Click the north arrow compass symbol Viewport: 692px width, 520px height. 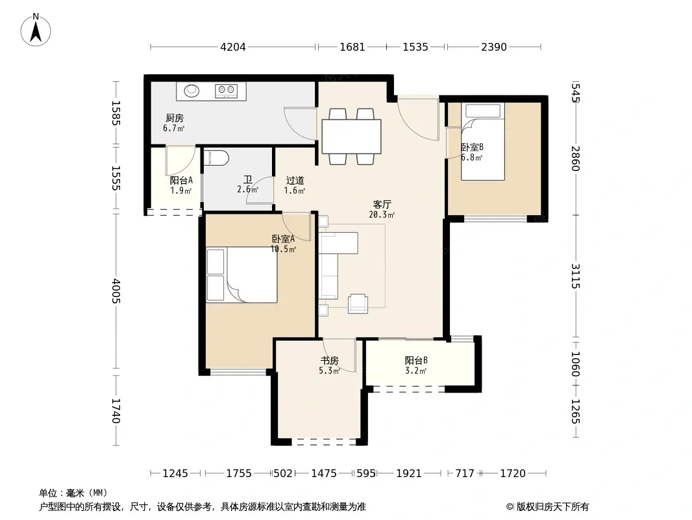[36, 29]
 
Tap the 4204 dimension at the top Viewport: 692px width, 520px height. [233, 47]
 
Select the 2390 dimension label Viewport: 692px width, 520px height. [494, 47]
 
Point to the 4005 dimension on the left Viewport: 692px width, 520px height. [116, 291]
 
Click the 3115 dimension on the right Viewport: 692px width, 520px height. [576, 276]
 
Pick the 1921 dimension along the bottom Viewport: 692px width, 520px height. [409, 474]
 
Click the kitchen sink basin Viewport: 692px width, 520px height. [192, 90]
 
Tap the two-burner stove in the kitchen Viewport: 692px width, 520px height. [227, 90]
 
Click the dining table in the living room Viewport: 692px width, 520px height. [351, 136]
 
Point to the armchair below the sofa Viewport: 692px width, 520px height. [358, 304]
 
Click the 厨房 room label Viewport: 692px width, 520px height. [175, 118]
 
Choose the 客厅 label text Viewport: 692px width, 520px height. [382, 205]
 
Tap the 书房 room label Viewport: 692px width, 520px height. [329, 361]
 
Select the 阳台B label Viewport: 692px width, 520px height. [416, 360]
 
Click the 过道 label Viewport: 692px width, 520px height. [295, 180]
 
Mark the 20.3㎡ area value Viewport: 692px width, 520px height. [382, 215]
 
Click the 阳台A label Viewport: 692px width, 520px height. [181, 180]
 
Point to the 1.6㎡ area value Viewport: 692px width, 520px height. [294, 191]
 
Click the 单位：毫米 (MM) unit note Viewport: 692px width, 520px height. [73, 493]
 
